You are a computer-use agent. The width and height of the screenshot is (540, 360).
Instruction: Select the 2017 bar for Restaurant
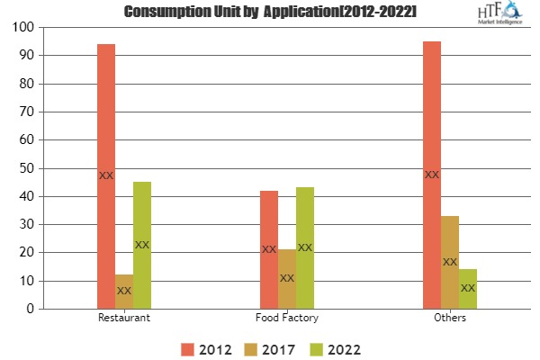(124, 292)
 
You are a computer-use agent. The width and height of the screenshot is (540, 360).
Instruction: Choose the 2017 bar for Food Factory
(287, 279)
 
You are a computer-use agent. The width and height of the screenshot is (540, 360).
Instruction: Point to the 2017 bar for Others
(450, 262)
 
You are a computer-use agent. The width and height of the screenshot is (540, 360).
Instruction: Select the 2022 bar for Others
(468, 289)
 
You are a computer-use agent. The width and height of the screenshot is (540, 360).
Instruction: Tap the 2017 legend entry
(270, 347)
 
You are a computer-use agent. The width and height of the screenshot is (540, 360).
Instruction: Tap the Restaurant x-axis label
(124, 319)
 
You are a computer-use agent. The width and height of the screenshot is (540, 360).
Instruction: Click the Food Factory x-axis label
(287, 319)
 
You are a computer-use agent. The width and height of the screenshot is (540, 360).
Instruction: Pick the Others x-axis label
(450, 319)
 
